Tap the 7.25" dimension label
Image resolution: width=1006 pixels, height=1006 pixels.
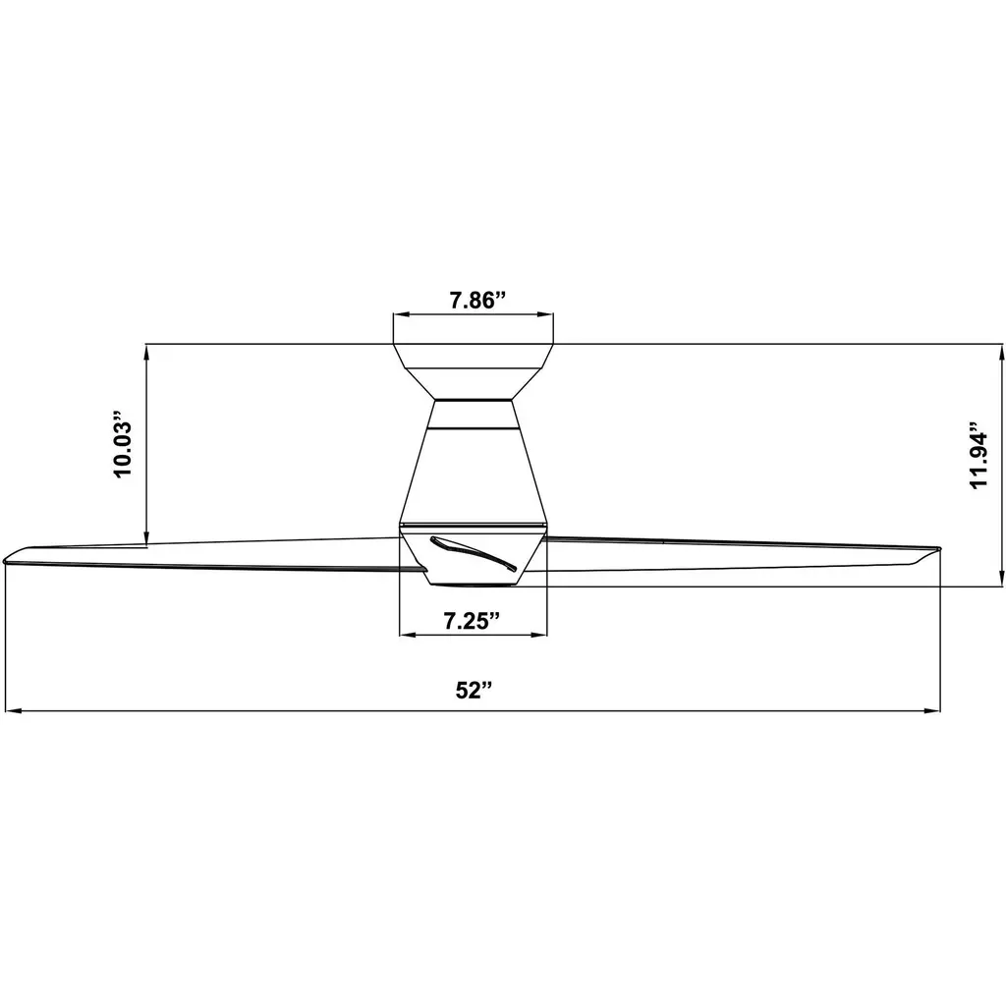472,621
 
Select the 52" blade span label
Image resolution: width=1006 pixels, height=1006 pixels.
475,691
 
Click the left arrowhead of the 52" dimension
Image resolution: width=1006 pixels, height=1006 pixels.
14,711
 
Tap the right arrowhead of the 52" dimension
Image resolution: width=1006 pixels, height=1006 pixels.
931,711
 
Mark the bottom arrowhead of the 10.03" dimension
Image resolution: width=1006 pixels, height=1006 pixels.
147,537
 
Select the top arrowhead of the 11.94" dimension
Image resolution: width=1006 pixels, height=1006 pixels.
1001,353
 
